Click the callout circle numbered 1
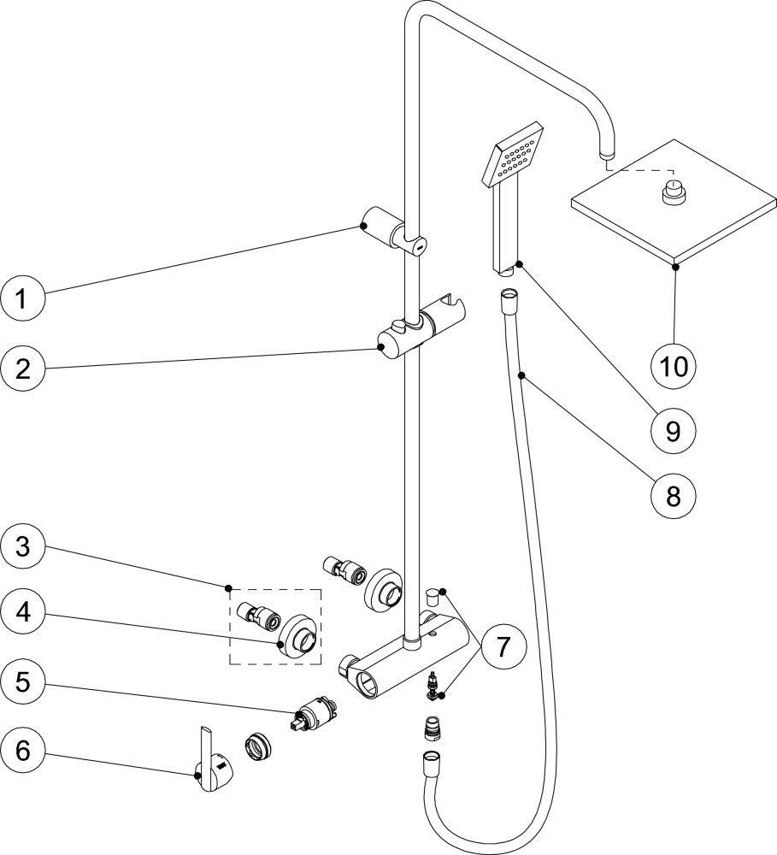tap(23, 299)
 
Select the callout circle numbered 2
tap(23, 369)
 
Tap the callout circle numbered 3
tap(23, 546)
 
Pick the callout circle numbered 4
tap(23, 613)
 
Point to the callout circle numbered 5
tap(23, 681)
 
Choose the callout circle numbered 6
tap(23, 750)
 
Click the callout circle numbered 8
tap(674, 493)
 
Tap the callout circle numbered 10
tap(674, 366)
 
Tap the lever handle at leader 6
tap(212, 761)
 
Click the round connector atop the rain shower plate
tap(675, 192)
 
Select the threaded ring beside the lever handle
tap(256, 745)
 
